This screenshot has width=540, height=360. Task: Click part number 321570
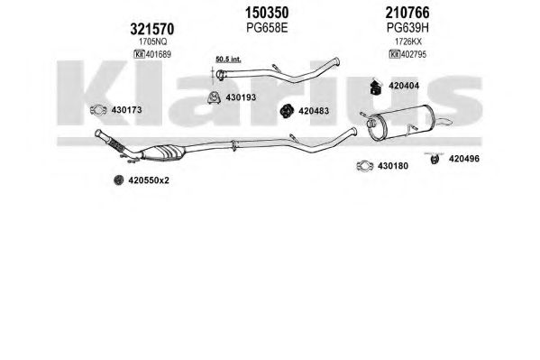151,29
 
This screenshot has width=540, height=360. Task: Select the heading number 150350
267,14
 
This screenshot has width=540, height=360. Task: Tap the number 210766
407,14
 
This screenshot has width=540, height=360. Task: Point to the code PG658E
267,28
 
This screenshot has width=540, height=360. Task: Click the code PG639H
407,28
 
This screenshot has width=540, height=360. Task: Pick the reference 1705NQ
152,42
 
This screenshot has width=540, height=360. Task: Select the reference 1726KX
407,42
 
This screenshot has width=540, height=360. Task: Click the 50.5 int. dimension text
228,60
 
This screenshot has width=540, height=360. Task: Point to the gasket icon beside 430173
98,110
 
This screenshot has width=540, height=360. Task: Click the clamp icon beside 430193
215,98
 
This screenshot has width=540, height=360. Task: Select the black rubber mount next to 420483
286,111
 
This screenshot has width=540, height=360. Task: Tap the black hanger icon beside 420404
376,87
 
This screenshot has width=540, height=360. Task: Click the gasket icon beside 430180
365,166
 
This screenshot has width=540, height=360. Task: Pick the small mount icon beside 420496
435,158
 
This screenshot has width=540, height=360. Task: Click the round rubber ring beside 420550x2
118,180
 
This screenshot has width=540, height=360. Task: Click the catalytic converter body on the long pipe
163,152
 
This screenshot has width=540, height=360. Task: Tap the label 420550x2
149,180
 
